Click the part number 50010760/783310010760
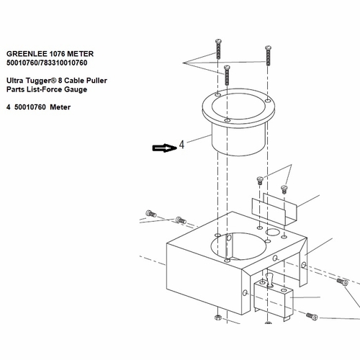(47, 63)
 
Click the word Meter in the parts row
(60, 107)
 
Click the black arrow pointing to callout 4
(165, 148)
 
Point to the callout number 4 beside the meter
(181, 145)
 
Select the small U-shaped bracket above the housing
(274, 210)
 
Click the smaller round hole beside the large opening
(273, 232)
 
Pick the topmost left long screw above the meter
(218, 49)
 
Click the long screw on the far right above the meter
(268, 55)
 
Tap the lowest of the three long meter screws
(227, 75)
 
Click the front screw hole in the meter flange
(227, 120)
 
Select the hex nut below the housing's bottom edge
(217, 318)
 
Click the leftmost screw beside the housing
(151, 213)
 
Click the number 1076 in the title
(57, 54)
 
